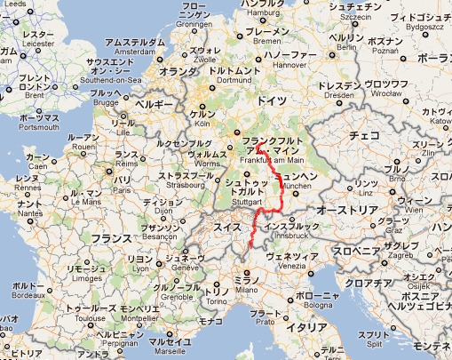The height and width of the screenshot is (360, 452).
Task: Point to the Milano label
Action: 245,290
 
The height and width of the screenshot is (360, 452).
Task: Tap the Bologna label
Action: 314,307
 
